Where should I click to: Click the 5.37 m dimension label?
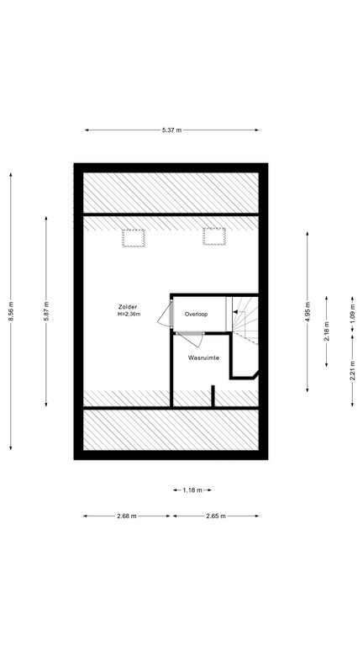click(x=172, y=130)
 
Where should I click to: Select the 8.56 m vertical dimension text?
click(x=11, y=311)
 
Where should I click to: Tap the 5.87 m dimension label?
click(x=47, y=311)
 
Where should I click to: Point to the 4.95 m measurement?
click(x=308, y=311)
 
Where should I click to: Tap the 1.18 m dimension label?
click(x=192, y=490)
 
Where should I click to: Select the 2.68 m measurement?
click(x=128, y=516)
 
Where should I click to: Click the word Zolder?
click(x=129, y=307)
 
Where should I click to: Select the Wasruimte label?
click(x=203, y=357)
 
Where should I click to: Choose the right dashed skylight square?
click(x=214, y=238)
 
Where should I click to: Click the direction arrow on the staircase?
click(x=238, y=312)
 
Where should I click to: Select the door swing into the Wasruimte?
click(x=188, y=335)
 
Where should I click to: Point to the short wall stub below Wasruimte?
click(x=213, y=396)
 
